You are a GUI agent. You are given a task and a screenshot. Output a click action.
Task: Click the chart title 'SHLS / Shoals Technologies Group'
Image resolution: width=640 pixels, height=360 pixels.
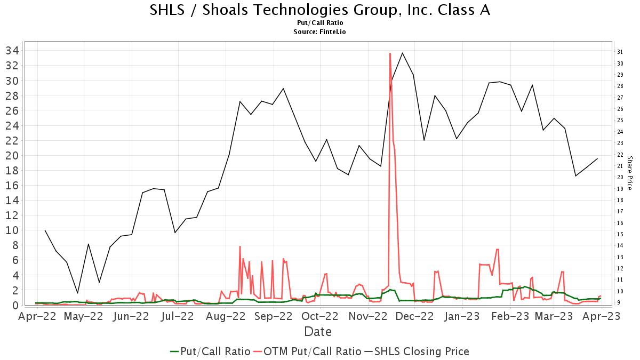(x=320, y=10)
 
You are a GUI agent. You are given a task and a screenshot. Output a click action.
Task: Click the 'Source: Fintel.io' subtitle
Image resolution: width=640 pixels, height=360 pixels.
(x=320, y=32)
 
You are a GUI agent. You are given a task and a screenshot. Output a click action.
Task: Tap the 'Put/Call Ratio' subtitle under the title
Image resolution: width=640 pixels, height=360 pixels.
(x=320, y=23)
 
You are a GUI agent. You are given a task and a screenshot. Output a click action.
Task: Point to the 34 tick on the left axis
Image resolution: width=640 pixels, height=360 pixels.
(x=12, y=51)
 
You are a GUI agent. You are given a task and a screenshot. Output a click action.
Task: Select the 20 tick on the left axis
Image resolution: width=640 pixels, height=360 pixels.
(x=12, y=156)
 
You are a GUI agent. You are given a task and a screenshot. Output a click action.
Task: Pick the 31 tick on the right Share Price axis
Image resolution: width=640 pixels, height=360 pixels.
(x=620, y=52)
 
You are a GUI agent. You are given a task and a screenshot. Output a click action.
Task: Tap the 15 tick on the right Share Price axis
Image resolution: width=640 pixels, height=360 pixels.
(x=620, y=234)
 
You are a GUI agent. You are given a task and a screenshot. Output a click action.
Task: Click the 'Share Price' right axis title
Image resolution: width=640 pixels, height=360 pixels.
(x=629, y=173)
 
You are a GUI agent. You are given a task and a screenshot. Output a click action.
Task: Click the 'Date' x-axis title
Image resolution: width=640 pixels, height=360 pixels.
(x=318, y=332)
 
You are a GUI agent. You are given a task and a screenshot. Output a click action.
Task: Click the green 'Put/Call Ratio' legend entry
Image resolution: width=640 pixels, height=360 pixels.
(x=210, y=351)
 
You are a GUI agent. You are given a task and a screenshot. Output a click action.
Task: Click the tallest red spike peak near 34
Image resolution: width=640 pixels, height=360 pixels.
(x=390, y=53)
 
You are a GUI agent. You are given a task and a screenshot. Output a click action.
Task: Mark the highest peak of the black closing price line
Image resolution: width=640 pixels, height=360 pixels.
(x=402, y=53)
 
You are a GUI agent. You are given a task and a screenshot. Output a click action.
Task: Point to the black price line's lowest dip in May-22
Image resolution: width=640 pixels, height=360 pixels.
(x=77, y=293)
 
